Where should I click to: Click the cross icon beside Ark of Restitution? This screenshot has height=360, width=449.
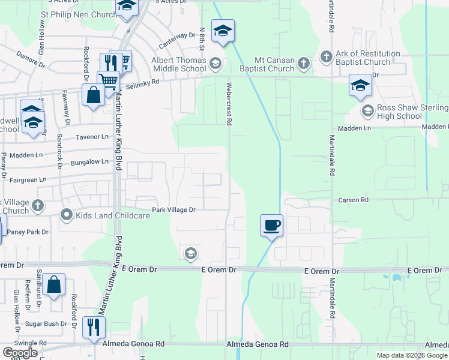pyautogui.click(x=327, y=58)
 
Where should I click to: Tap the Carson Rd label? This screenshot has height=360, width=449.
pyautogui.click(x=352, y=200)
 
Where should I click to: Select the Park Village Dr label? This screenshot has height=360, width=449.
pyautogui.click(x=173, y=209)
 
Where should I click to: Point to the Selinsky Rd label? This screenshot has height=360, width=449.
pyautogui.click(x=142, y=82)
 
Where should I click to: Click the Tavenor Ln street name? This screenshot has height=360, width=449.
pyautogui.click(x=92, y=137)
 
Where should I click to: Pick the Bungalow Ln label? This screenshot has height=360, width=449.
pyautogui.click(x=89, y=161)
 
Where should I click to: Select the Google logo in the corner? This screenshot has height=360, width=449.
pyautogui.click(x=20, y=352)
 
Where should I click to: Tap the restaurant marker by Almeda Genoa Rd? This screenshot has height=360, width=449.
pyautogui.click(x=94, y=327)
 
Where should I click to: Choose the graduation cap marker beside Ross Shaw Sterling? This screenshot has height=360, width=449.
pyautogui.click(x=360, y=85)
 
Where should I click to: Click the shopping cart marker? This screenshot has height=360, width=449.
pyautogui.click(x=108, y=80)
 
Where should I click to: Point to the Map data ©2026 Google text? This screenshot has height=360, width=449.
pyautogui.click(x=412, y=355)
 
